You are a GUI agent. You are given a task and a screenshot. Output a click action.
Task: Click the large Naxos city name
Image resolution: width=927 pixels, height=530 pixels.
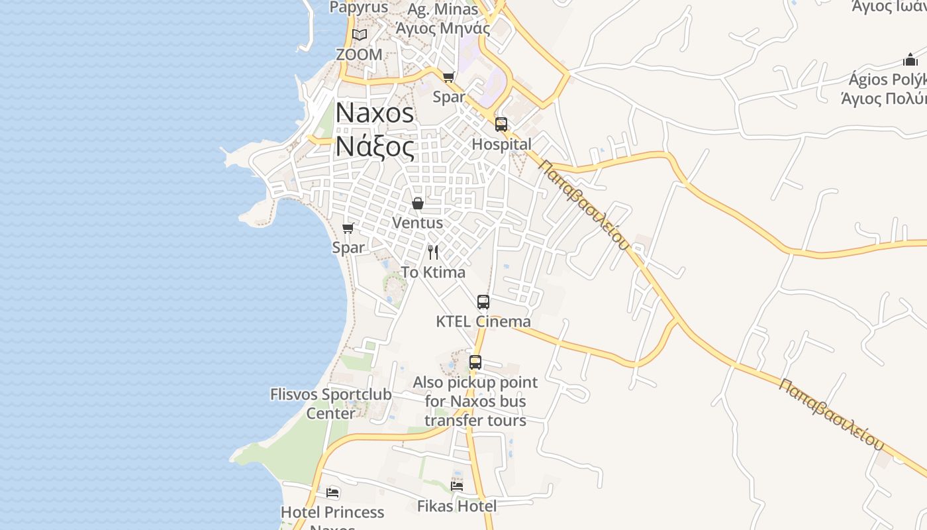pyautogui.click(x=375, y=113)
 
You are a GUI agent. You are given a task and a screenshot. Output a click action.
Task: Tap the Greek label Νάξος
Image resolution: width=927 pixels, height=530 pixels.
pyautogui.click(x=375, y=146)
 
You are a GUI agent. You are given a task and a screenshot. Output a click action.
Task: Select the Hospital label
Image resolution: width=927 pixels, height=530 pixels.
pyautogui.click(x=501, y=144)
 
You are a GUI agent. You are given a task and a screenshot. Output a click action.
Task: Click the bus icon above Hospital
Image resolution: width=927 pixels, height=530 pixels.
pyautogui.click(x=501, y=125)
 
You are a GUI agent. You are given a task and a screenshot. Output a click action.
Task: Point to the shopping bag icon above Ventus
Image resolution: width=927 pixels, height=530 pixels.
pyautogui.click(x=418, y=203)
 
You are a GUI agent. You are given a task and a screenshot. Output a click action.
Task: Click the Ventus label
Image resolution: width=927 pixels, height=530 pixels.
pyautogui.click(x=418, y=223)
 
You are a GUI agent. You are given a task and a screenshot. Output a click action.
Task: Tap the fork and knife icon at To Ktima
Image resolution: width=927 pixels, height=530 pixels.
pyautogui.click(x=433, y=252)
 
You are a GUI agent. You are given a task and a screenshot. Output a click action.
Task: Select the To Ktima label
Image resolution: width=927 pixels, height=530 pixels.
pyautogui.click(x=433, y=272)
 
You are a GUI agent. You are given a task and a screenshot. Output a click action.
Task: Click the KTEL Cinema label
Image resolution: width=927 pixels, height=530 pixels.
pyautogui.click(x=483, y=321)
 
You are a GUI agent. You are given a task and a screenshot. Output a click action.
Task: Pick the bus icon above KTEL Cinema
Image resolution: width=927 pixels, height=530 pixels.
pyautogui.click(x=483, y=302)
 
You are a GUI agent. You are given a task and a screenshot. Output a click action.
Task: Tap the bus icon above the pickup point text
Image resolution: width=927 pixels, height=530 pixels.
pyautogui.click(x=475, y=362)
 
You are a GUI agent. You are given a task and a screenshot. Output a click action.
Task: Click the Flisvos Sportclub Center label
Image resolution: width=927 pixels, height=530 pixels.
pyautogui.click(x=331, y=403)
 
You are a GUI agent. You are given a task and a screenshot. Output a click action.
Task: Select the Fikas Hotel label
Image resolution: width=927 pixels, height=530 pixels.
pyautogui.click(x=457, y=506)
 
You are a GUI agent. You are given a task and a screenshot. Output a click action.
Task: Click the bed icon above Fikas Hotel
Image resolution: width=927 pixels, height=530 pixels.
pyautogui.click(x=457, y=486)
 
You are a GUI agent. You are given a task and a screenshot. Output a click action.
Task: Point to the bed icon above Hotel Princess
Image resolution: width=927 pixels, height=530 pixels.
pyautogui.click(x=332, y=493)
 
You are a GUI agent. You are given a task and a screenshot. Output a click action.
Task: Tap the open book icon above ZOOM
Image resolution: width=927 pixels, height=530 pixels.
pyautogui.click(x=360, y=34)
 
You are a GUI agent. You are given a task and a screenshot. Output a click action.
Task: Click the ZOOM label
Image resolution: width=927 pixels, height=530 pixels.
pyautogui.click(x=360, y=54)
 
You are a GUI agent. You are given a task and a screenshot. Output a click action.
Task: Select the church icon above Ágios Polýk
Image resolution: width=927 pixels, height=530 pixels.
pyautogui.click(x=910, y=60)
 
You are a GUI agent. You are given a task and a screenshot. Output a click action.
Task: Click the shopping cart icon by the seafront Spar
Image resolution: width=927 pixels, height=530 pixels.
pyautogui.click(x=348, y=229)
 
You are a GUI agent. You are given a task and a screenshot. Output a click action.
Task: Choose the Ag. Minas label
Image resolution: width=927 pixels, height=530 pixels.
pyautogui.click(x=442, y=10)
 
